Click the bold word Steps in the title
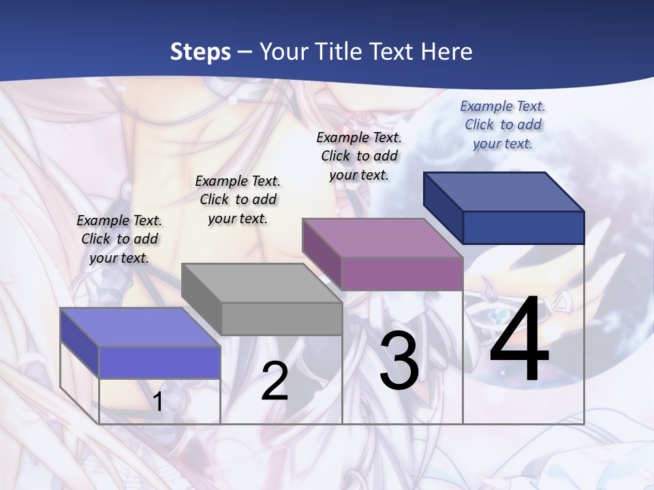click(200, 52)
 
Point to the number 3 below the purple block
click(399, 361)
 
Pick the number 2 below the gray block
click(275, 381)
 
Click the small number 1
click(158, 402)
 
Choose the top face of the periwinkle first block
click(140, 327)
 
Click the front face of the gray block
click(282, 318)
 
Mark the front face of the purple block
click(402, 274)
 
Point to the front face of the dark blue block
click(523, 227)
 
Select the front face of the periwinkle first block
click(159, 362)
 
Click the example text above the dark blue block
click(503, 125)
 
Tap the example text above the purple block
click(359, 156)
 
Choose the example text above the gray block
click(238, 199)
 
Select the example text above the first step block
click(119, 239)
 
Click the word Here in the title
click(448, 52)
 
